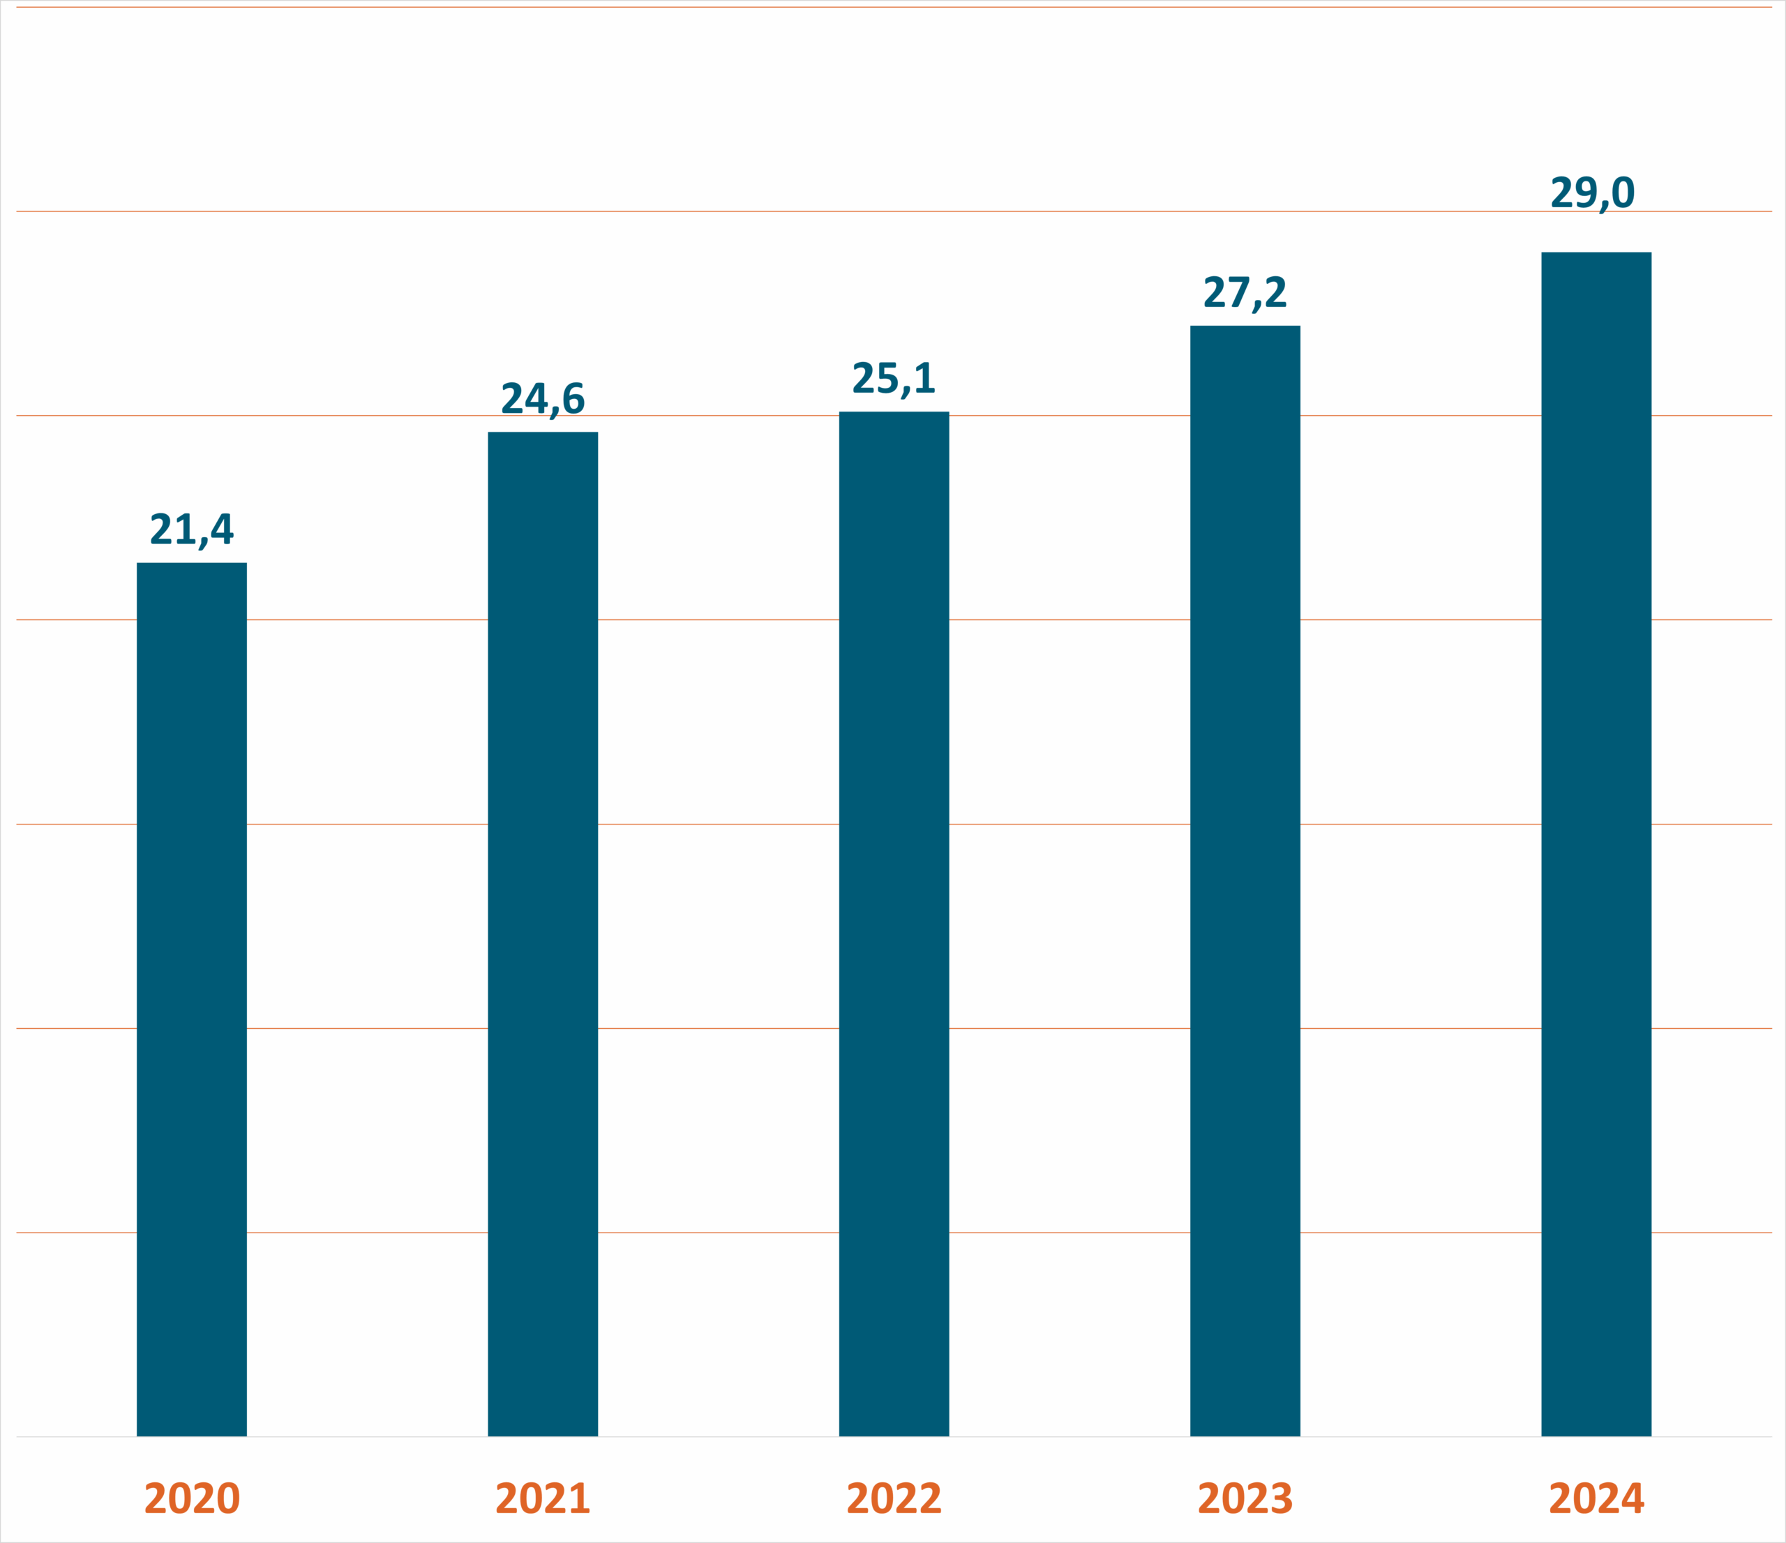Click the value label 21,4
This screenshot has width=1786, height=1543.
click(x=191, y=529)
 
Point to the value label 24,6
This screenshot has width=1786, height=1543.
click(x=542, y=398)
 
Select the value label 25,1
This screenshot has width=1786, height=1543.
click(x=894, y=378)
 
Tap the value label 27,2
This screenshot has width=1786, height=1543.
click(x=1245, y=292)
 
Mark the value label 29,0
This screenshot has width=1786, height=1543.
click(x=1592, y=193)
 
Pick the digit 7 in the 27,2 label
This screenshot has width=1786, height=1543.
click(x=1238, y=292)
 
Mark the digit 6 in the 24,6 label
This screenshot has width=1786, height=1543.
click(x=572, y=398)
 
